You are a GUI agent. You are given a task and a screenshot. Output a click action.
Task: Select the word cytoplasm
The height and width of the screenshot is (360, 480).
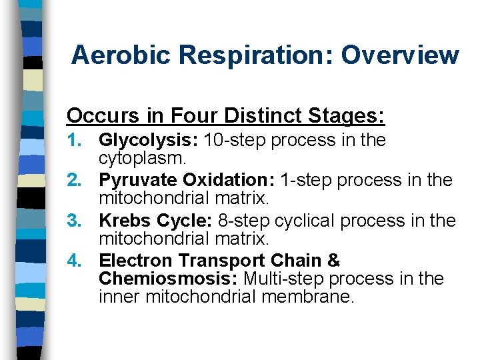139,158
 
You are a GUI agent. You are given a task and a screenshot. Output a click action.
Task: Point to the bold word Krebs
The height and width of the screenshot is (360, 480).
121,221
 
